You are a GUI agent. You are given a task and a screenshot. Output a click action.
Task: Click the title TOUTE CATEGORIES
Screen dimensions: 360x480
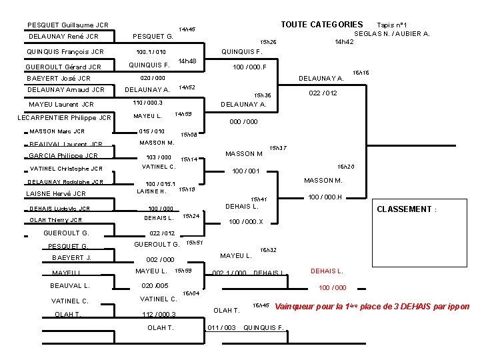(321, 25)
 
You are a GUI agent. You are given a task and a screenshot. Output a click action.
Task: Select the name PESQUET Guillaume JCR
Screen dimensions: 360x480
(68, 25)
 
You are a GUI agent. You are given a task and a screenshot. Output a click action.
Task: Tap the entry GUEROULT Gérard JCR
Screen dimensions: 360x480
(63, 67)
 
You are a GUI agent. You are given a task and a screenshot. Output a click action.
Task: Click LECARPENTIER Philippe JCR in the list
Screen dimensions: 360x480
(64, 118)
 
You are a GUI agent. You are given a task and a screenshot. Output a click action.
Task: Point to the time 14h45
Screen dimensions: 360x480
(187, 29)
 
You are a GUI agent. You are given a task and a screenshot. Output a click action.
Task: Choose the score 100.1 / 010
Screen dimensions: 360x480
(151, 52)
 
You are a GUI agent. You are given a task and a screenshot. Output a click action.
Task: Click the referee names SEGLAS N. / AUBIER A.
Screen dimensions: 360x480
(391, 33)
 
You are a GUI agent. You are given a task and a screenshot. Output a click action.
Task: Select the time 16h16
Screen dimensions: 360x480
(361, 72)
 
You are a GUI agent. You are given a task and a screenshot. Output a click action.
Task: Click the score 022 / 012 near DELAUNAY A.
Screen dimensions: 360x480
(323, 93)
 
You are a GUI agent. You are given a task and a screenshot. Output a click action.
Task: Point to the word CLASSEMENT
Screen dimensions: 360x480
(404, 209)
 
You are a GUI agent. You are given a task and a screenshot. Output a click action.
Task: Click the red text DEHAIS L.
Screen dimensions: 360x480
(327, 271)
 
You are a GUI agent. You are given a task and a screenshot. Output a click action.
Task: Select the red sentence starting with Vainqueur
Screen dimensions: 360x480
(372, 307)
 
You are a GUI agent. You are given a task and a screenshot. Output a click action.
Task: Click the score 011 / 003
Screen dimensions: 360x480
(222, 327)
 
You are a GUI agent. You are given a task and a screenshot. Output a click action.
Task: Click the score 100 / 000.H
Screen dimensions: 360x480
(325, 197)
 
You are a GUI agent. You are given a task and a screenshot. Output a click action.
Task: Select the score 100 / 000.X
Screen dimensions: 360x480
(245, 221)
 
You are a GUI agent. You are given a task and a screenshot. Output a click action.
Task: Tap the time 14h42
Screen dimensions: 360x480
(344, 42)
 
